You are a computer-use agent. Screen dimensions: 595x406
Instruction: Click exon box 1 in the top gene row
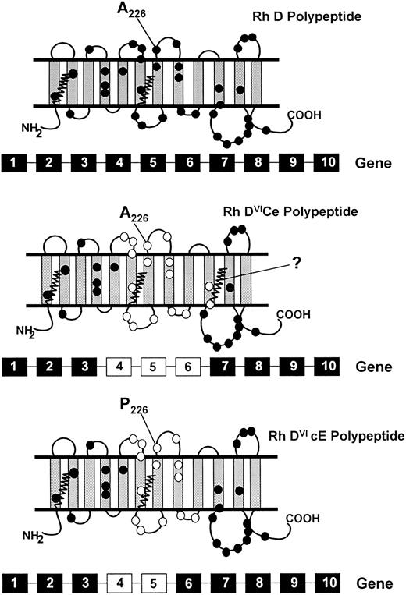[16, 164]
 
